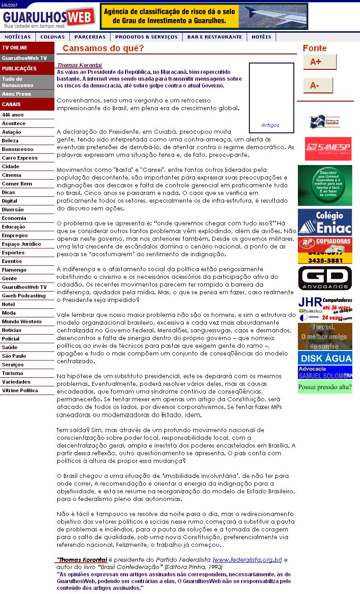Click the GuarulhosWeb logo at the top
click(49, 18)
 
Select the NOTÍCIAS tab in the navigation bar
click(18, 37)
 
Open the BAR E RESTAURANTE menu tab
click(214, 37)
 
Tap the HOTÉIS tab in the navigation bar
click(261, 37)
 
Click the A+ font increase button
click(319, 62)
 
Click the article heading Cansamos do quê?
click(103, 49)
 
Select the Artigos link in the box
click(270, 125)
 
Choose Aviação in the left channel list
click(11, 132)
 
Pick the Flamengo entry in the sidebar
click(14, 270)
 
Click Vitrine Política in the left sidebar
click(20, 390)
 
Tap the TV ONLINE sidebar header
click(15, 48)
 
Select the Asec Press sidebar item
click(16, 94)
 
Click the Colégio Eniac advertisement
click(325, 222)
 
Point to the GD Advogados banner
click(325, 278)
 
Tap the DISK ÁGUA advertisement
click(325, 358)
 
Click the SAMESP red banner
click(328, 149)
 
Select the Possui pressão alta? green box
click(325, 387)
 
